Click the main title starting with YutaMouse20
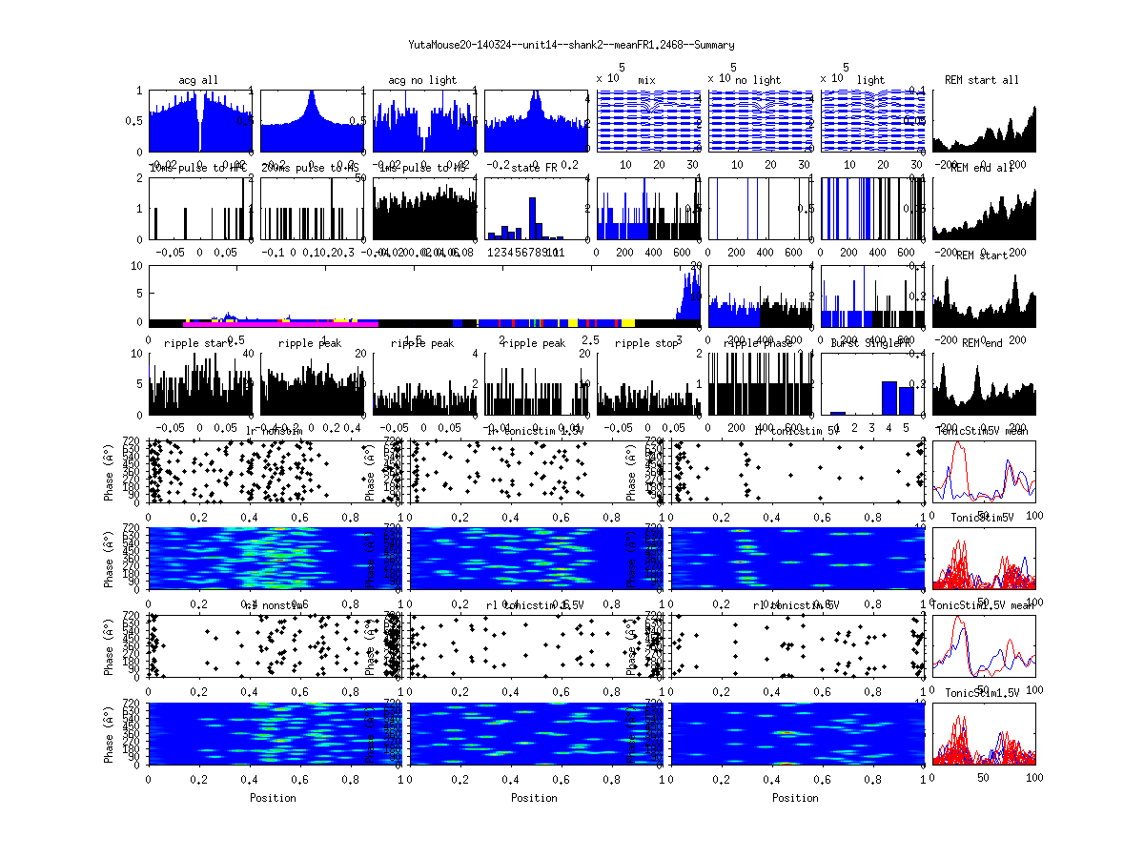pyautogui.click(x=571, y=45)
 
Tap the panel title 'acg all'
pyautogui.click(x=198, y=80)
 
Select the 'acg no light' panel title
pyautogui.click(x=423, y=80)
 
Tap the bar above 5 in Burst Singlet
pyautogui.click(x=906, y=400)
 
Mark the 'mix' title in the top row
pyautogui.click(x=648, y=80)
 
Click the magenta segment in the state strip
pyautogui.click(x=276, y=324)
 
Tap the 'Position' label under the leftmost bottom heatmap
pyautogui.click(x=273, y=798)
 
